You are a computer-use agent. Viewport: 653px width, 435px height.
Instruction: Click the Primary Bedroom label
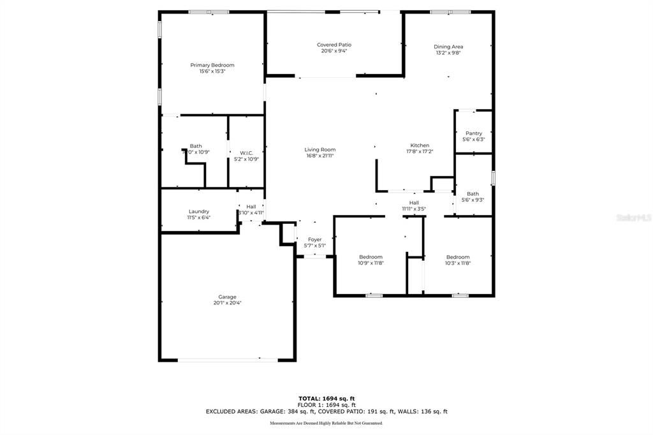pyautogui.click(x=212, y=65)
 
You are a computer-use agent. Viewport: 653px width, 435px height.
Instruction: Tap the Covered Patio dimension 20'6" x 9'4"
pyautogui.click(x=334, y=51)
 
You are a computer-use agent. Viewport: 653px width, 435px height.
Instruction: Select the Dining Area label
pyautogui.click(x=448, y=47)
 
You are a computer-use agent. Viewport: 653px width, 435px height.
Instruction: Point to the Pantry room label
pyautogui.click(x=473, y=133)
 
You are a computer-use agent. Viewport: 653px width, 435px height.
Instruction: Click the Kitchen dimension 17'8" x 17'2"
pyautogui.click(x=420, y=152)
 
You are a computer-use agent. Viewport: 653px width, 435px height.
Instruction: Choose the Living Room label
pyautogui.click(x=319, y=149)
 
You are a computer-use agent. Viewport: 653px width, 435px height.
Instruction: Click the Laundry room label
pyautogui.click(x=198, y=211)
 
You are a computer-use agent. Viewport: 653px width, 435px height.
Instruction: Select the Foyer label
pyautogui.click(x=315, y=239)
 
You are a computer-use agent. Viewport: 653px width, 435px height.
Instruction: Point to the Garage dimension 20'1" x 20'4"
pyautogui.click(x=227, y=303)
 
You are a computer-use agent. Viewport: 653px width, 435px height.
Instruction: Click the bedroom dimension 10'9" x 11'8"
pyautogui.click(x=370, y=263)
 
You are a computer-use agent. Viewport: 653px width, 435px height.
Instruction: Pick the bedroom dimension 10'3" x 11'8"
pyautogui.click(x=457, y=263)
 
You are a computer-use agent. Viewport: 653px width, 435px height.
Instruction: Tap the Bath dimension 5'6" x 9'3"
pyautogui.click(x=473, y=200)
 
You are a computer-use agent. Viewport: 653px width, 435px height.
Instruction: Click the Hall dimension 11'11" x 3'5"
pyautogui.click(x=414, y=209)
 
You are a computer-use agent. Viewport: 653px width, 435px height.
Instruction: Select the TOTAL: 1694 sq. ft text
pyautogui.click(x=326, y=399)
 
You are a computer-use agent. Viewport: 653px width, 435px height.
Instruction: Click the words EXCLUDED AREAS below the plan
pyautogui.click(x=230, y=412)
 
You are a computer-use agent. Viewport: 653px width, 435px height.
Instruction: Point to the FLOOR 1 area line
pyautogui.click(x=326, y=405)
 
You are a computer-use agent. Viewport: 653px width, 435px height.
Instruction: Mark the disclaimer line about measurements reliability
pyautogui.click(x=326, y=423)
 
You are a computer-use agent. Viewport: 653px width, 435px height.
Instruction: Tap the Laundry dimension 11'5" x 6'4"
pyautogui.click(x=198, y=217)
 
